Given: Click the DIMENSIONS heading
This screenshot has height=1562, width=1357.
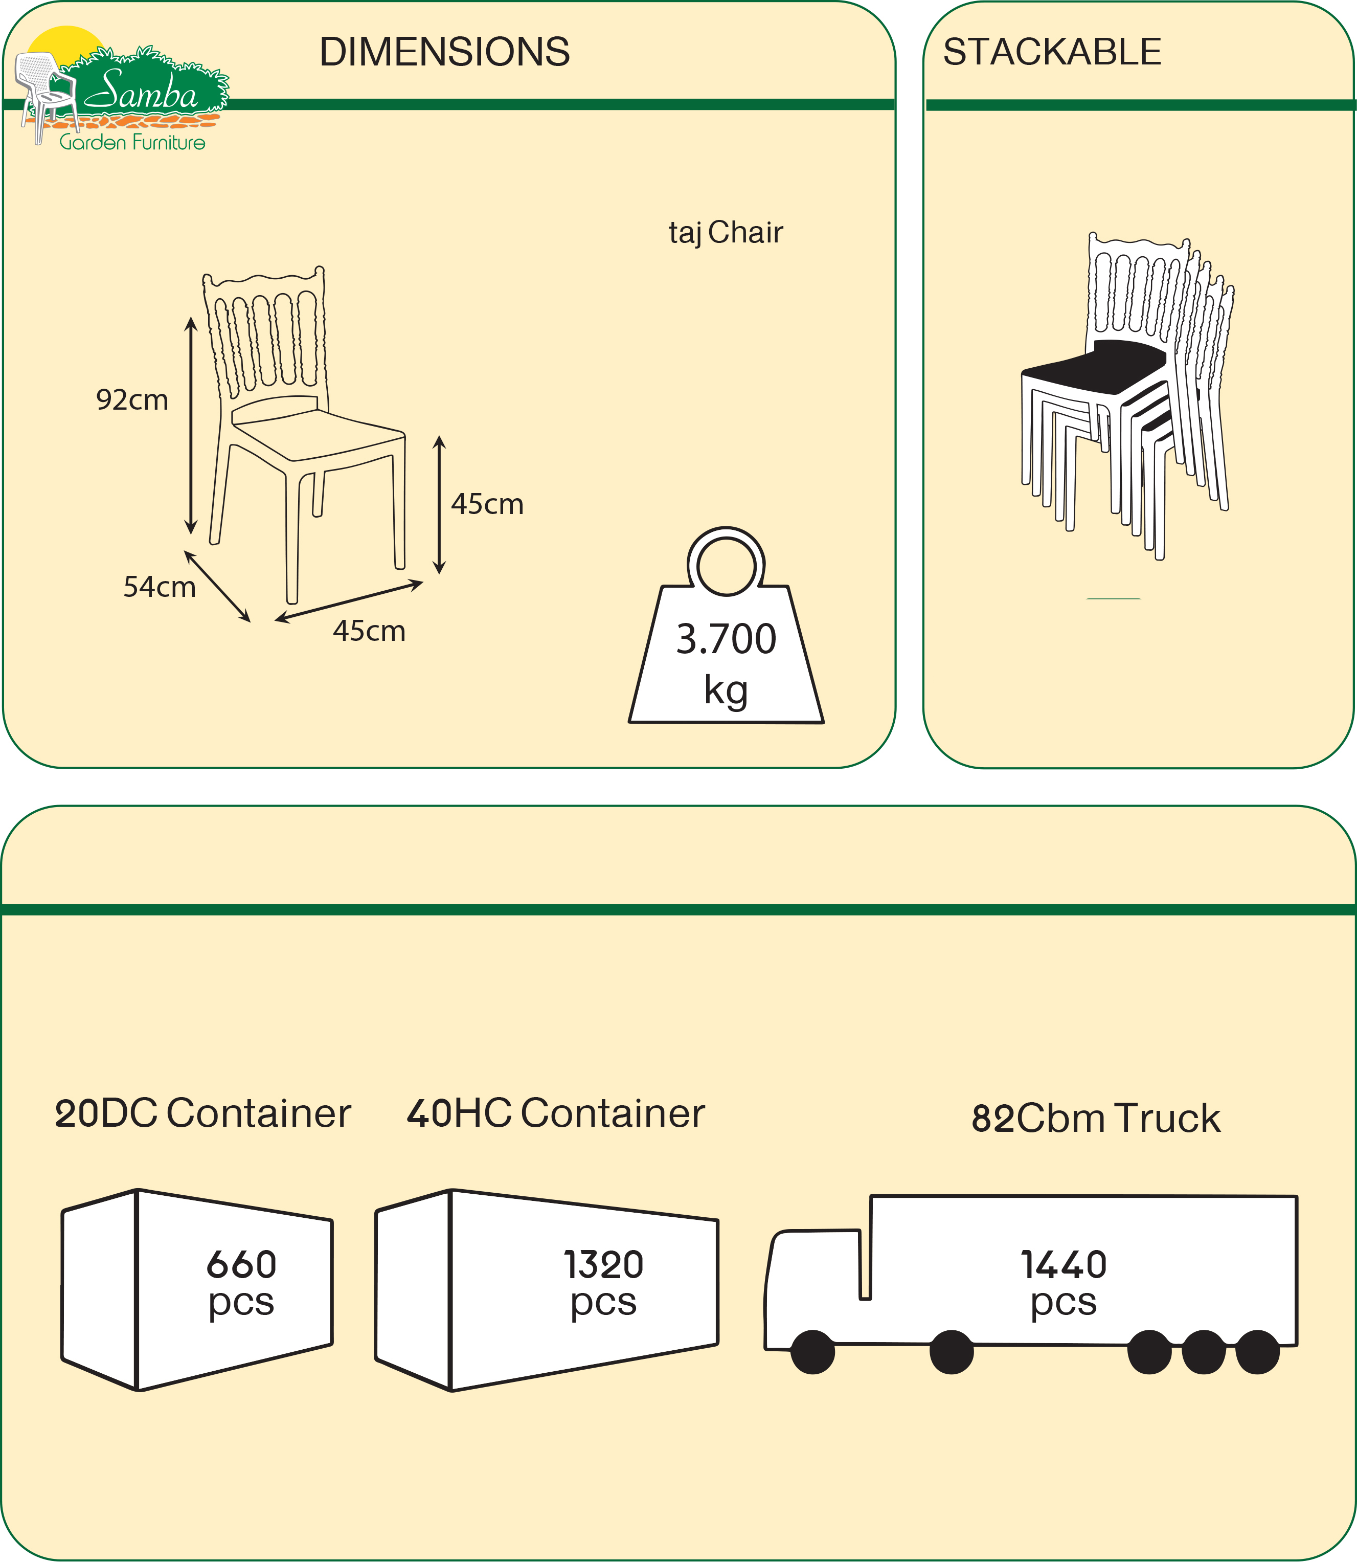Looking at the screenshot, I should tap(444, 52).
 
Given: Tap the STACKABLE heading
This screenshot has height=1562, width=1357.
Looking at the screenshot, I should tap(1052, 52).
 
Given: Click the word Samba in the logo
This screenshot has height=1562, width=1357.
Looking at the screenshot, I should tap(141, 92).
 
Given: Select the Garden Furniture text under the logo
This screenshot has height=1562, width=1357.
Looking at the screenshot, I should tap(132, 142).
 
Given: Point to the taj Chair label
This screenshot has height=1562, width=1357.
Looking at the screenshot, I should tap(726, 233).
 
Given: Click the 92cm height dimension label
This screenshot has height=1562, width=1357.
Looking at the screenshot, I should tap(132, 400).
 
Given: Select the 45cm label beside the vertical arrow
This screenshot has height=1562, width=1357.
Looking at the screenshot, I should tap(487, 504).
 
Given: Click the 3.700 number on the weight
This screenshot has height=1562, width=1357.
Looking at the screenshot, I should tap(726, 639).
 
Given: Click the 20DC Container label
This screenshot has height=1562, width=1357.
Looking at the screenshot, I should tap(203, 1113).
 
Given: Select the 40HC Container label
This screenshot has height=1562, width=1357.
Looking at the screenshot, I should tap(556, 1113).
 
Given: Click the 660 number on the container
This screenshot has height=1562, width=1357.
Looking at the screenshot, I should tap(241, 1264).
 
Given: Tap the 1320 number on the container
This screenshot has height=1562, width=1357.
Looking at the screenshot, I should tap(603, 1264).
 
